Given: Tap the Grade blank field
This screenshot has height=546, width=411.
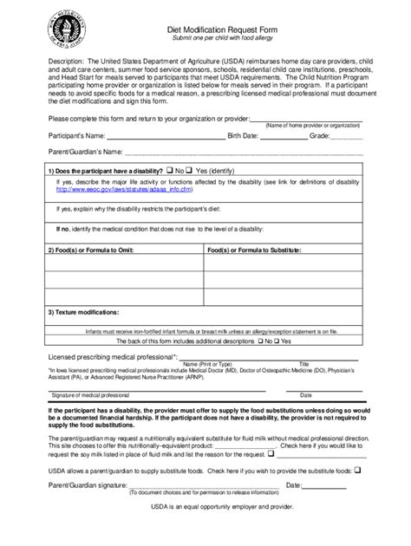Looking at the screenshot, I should (347, 136).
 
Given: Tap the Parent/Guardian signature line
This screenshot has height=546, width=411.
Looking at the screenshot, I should (191, 485).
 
